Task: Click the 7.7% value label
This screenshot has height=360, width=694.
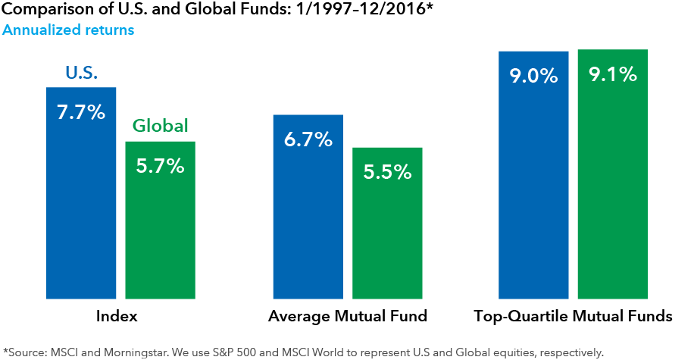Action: tap(81, 114)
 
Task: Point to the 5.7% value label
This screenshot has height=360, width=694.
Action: tap(161, 166)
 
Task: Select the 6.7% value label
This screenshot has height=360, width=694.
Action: tap(308, 140)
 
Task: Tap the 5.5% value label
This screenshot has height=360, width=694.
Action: tap(387, 172)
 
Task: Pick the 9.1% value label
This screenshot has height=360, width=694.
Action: tap(613, 75)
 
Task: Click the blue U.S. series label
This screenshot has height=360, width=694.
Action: tap(81, 74)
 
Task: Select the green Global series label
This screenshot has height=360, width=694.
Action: tap(161, 126)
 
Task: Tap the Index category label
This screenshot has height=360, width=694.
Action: tap(117, 316)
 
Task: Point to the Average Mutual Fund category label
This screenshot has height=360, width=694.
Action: tap(348, 316)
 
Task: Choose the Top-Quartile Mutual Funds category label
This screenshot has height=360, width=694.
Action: tap(573, 316)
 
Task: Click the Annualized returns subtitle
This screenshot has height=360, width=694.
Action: tap(68, 30)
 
